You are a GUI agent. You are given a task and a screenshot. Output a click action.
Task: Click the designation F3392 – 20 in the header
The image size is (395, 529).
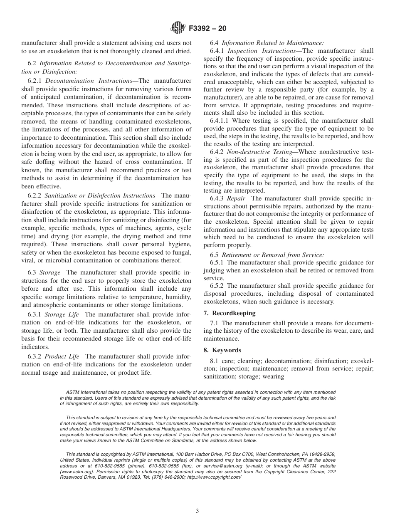click(207, 29)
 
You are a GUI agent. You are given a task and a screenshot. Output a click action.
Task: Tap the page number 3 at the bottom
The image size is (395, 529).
click(197, 511)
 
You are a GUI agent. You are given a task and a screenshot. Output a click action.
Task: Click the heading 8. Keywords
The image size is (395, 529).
click(227, 350)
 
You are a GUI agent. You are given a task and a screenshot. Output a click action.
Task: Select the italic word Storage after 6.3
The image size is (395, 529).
click(50, 272)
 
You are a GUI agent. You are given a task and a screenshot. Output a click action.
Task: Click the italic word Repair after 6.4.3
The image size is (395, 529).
click(236, 198)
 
